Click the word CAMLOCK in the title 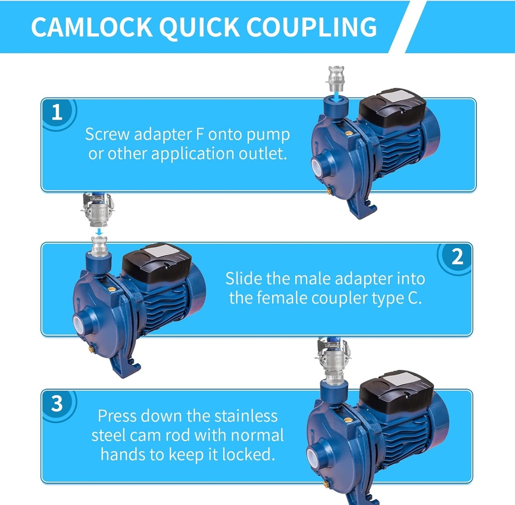tap(92, 27)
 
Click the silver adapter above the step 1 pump tap(336, 79)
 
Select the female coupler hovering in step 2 tap(98, 210)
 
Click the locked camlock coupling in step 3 tap(332, 361)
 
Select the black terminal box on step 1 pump tap(392, 108)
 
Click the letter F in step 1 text tap(200, 134)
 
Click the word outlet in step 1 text tap(263, 154)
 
